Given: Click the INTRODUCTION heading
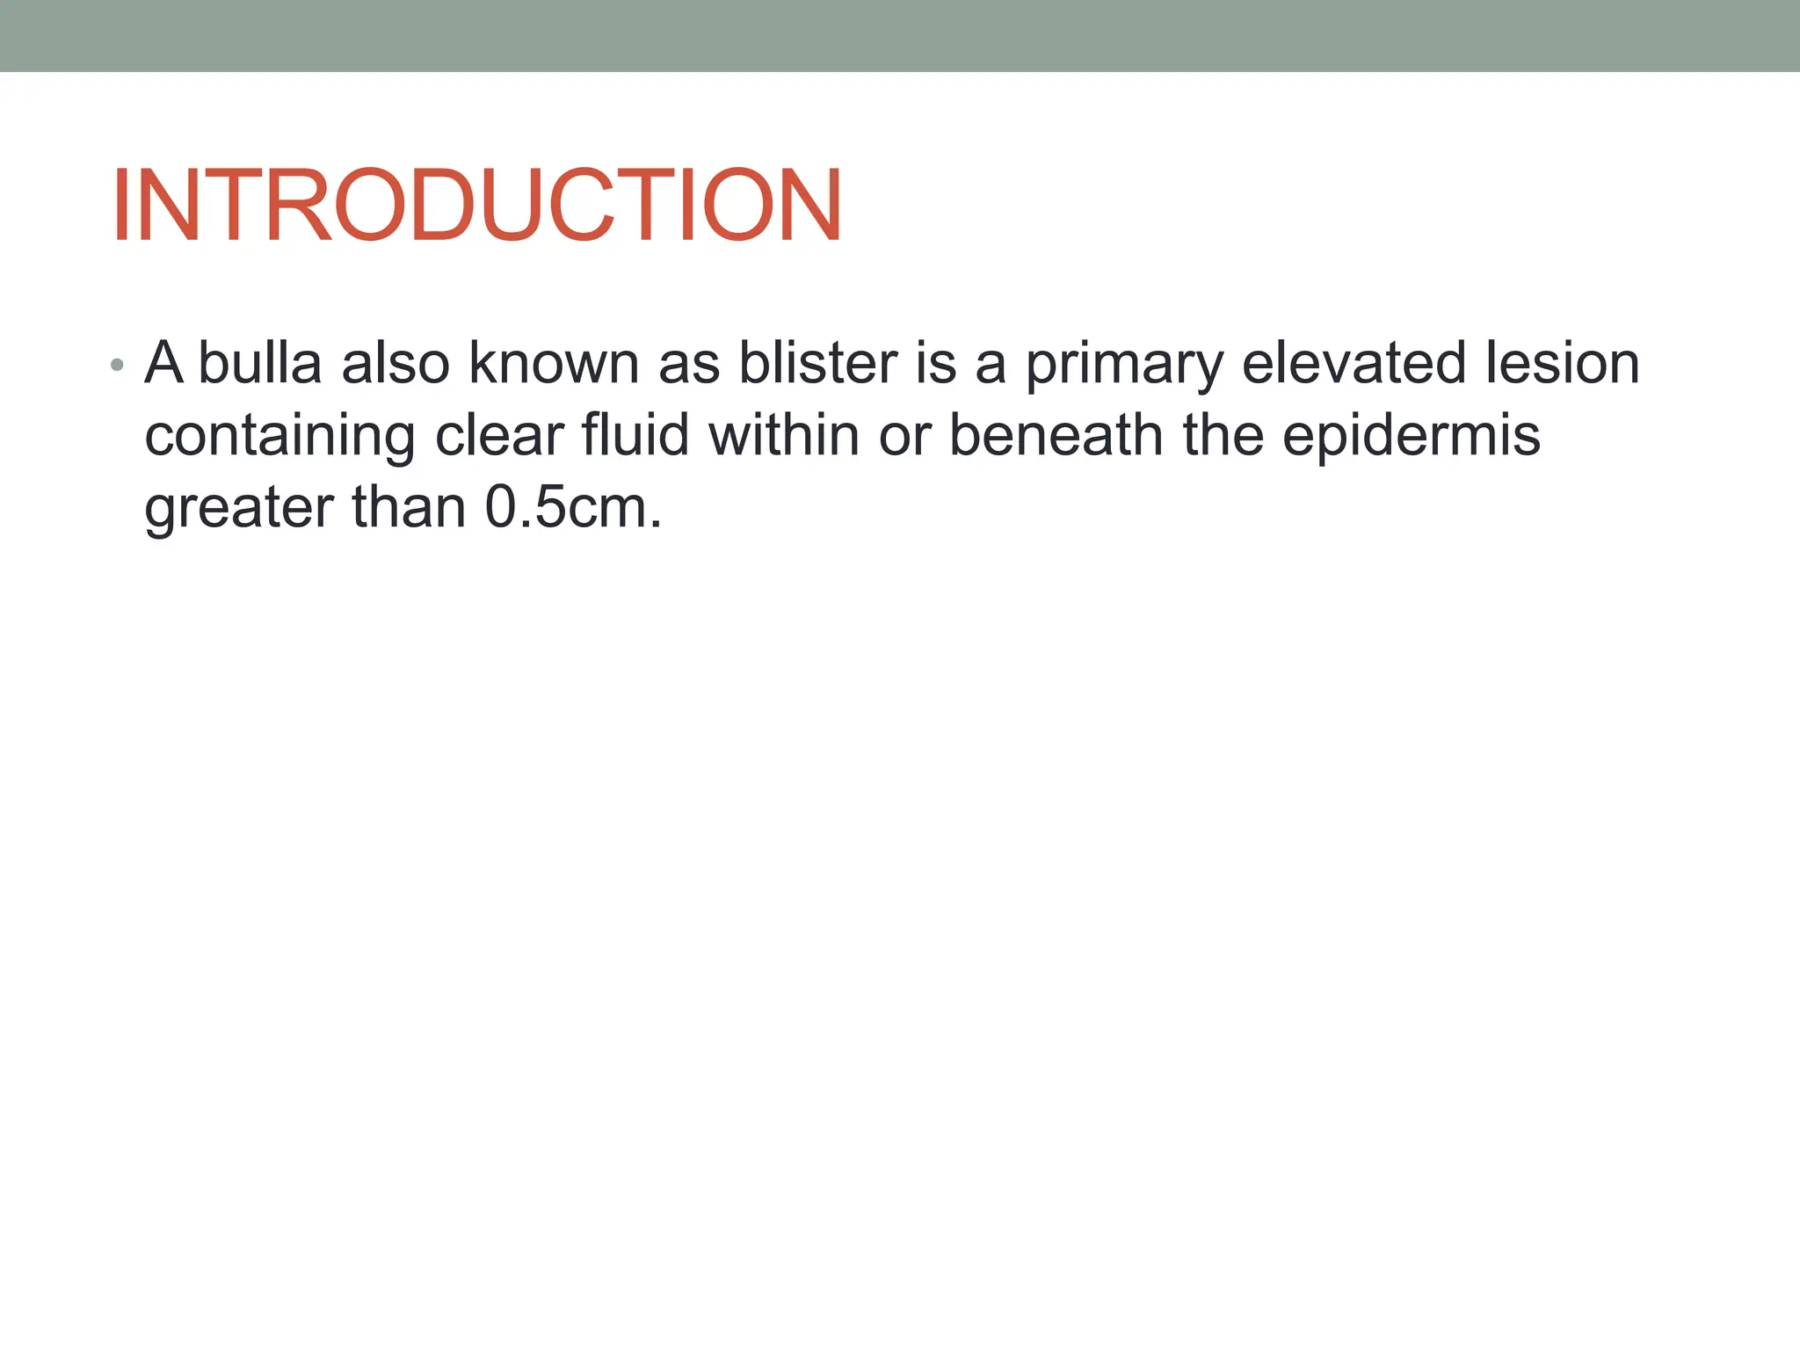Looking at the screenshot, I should pos(476,205).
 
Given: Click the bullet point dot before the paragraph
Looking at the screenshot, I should pos(118,365).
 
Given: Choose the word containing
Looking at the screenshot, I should pos(279,437).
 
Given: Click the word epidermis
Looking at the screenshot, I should pos(1411,437).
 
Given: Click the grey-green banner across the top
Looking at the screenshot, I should pos(900,35).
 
